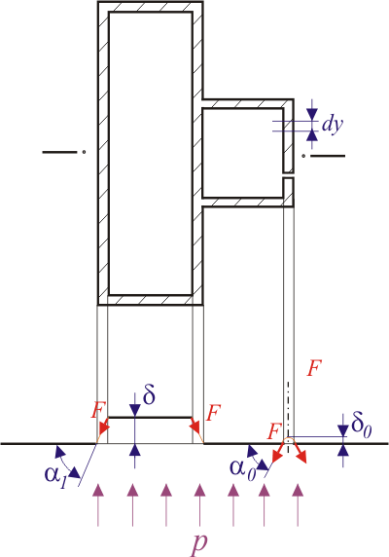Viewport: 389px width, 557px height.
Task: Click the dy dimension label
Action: tap(333, 126)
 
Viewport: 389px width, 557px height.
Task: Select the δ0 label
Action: tap(362, 427)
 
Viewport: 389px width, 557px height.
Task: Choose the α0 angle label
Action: tap(242, 469)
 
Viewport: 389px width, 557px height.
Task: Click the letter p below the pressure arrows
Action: tap(199, 543)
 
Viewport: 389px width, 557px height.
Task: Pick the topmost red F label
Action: tap(314, 368)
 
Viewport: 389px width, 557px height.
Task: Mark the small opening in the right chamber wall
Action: tap(288, 176)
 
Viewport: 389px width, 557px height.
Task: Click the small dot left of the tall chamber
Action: tap(84, 152)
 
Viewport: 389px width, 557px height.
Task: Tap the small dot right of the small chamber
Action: tap(303, 156)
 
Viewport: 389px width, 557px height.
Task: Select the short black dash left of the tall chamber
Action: tap(59, 152)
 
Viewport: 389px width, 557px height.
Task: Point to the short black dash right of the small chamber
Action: tap(328, 156)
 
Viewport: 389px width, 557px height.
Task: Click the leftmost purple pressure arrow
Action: tap(98, 505)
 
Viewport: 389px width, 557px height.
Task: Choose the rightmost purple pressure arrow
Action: tap(298, 505)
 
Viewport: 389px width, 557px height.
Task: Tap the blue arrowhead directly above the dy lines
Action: tap(312, 114)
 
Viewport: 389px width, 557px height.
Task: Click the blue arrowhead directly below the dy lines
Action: tap(312, 136)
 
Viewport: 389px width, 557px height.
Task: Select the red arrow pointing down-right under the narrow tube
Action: tap(299, 453)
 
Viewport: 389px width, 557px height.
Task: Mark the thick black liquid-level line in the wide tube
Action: tap(150, 418)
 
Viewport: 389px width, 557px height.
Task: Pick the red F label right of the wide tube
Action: tap(214, 413)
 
